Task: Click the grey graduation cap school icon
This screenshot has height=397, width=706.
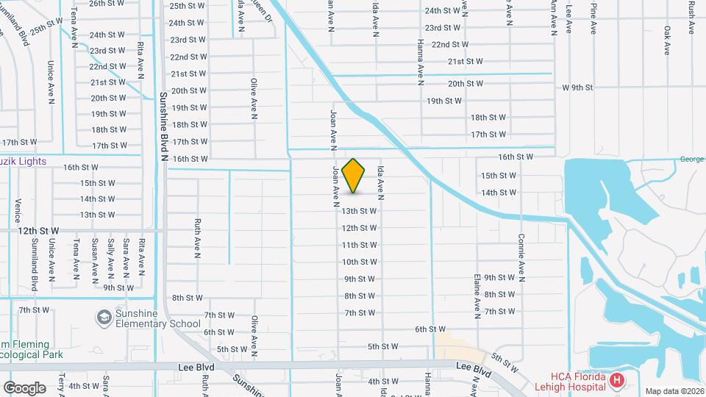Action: [103, 318]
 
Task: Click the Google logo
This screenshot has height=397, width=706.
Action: [24, 387]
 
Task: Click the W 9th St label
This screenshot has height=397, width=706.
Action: [577, 87]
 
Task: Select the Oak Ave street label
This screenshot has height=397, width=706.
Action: [667, 40]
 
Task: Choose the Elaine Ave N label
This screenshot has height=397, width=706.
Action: [477, 287]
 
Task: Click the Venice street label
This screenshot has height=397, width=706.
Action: [17, 210]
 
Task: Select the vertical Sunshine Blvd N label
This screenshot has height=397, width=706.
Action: [165, 127]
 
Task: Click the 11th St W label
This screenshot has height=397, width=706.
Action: [360, 245]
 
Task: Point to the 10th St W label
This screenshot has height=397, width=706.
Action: [360, 262]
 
